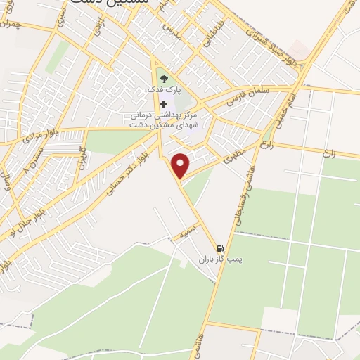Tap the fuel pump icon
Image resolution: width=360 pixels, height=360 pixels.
tap(221, 248)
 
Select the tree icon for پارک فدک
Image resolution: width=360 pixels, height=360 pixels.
tap(163, 79)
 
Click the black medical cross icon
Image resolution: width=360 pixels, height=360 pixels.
tap(164, 103)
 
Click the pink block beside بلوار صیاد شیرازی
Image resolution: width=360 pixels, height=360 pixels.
tap(300, 50)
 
